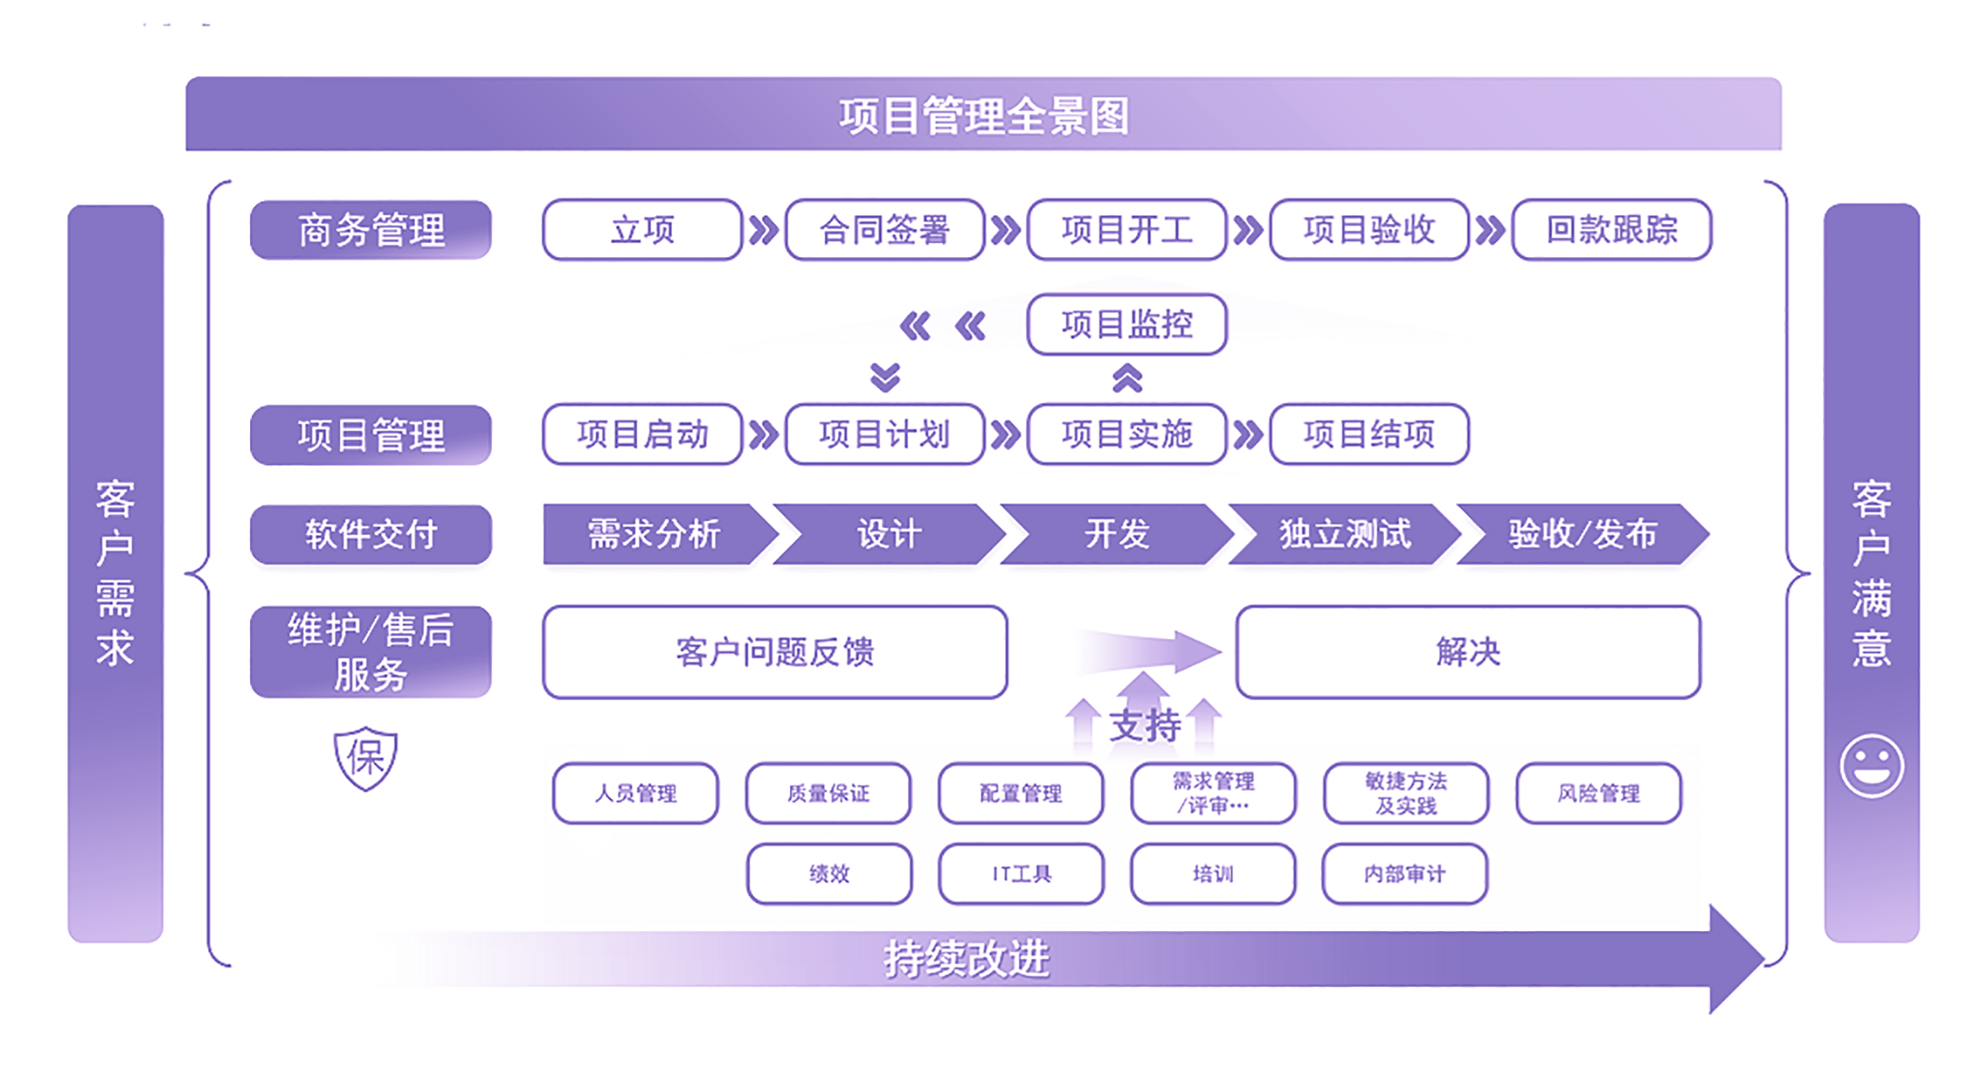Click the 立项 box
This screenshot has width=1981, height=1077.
click(642, 230)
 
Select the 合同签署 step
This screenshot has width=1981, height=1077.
click(885, 230)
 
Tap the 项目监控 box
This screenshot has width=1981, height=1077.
click(1127, 325)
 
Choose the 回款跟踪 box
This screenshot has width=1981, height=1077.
click(1611, 230)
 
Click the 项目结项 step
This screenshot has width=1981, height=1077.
click(1369, 434)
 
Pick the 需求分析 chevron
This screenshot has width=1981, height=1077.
click(655, 534)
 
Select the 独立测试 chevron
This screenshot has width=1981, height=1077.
click(1345, 534)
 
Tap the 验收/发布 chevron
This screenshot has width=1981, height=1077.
click(1582, 534)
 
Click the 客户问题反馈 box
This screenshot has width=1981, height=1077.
click(774, 652)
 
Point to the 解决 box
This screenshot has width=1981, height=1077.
click(1468, 652)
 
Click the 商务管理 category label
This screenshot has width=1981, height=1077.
click(371, 230)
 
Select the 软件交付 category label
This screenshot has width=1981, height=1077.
click(371, 534)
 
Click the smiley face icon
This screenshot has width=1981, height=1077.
click(1872, 766)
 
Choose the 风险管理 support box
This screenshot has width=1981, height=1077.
click(1598, 793)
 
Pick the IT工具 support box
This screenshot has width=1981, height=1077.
click(1021, 874)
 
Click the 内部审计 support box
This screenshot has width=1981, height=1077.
click(1405, 874)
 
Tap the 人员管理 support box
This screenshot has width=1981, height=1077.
click(635, 793)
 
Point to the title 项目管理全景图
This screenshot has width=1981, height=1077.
click(984, 115)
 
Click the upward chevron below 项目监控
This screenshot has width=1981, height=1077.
click(1127, 379)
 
